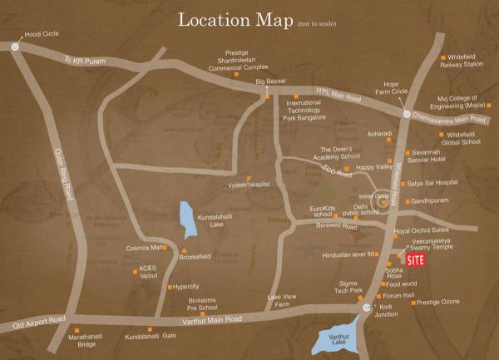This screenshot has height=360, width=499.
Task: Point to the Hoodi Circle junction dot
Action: click(x=16, y=48)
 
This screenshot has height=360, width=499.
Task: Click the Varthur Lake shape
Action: click(x=340, y=339)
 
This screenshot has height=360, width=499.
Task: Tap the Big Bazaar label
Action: click(x=271, y=81)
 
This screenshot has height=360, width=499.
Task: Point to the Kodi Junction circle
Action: click(x=368, y=308)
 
